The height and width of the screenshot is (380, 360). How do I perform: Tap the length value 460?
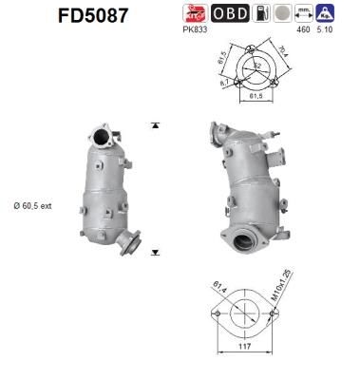(303, 30)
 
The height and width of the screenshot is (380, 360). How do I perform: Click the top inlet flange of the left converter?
(103, 133)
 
